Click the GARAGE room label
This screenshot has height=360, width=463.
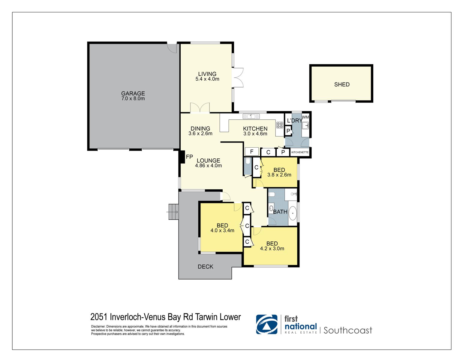coord(133,93)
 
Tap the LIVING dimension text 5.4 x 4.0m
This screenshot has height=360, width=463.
coord(207,79)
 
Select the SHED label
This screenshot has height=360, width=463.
coord(342,85)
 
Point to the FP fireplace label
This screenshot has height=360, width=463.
coord(189,157)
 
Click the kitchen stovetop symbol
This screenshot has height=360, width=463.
coord(279,125)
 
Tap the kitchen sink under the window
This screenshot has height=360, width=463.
coord(251,116)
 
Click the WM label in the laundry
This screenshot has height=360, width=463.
coord(305,117)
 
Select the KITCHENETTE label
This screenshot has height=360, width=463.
coord(300,152)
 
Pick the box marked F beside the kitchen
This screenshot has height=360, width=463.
coord(251,152)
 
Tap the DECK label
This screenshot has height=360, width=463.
coord(206,266)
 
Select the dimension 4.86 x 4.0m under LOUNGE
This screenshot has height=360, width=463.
coord(208,166)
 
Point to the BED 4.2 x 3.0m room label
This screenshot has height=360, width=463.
coord(272,244)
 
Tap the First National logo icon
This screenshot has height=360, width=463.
coord(266,324)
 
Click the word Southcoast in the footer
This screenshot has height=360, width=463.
coord(347,330)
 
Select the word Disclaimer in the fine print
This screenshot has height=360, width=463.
coord(98,326)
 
